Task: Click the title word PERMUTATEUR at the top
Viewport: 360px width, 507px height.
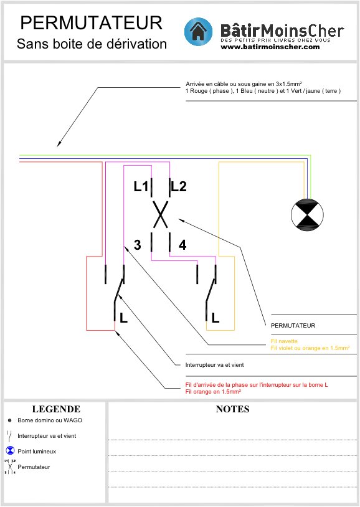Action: coord(92,23)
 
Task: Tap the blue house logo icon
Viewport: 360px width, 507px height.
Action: coord(198,32)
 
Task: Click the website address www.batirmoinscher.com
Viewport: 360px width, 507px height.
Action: coord(270,47)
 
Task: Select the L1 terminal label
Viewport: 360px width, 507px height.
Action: coord(141,186)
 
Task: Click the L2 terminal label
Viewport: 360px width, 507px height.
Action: coord(179,187)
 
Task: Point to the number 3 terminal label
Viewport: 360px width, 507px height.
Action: coord(138,245)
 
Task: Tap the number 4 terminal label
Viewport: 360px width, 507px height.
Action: coord(182,245)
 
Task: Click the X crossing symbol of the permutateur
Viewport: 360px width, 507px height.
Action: coord(161,214)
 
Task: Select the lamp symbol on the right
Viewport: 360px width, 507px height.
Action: coord(307,215)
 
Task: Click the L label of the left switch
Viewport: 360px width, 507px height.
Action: coord(123,318)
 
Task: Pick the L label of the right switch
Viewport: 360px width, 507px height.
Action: coord(216,318)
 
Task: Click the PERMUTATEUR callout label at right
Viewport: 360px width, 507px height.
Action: coord(293,326)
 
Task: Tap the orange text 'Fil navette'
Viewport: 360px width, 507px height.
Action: coord(284,341)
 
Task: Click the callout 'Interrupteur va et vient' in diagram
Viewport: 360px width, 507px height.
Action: coord(214,365)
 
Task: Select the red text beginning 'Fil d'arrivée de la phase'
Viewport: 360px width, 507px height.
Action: coord(257,385)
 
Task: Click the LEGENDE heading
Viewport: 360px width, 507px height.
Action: coord(56,409)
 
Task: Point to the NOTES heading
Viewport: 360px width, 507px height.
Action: coord(232,409)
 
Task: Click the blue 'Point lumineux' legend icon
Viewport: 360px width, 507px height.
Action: coord(11,450)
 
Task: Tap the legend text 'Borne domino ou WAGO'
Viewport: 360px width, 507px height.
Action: coord(50,420)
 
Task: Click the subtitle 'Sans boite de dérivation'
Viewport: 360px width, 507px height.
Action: coord(92,44)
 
